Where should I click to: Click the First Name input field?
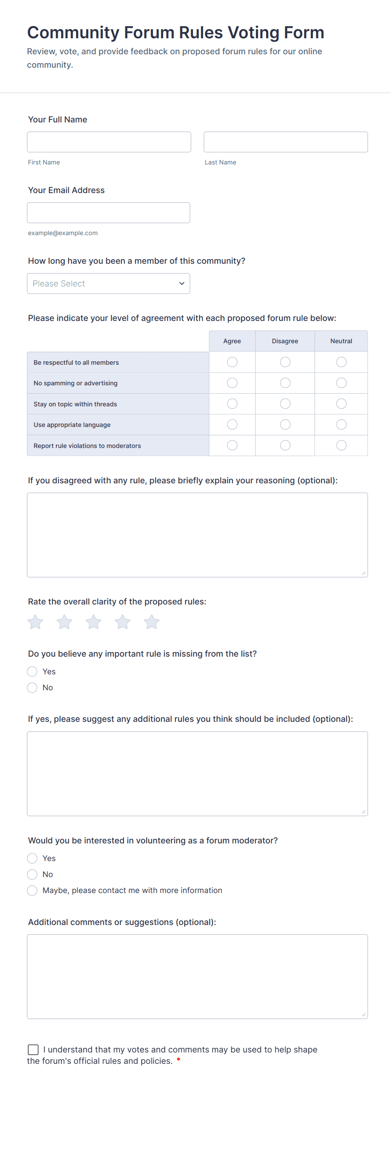(x=109, y=142)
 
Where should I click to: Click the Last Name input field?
(x=285, y=142)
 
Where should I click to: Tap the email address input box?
(x=108, y=212)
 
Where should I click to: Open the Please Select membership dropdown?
(x=108, y=284)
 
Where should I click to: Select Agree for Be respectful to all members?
(x=232, y=362)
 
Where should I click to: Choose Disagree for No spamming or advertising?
(x=285, y=383)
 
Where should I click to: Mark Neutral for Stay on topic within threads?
(x=341, y=404)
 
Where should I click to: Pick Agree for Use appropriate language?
(x=232, y=424)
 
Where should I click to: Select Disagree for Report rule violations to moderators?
(x=285, y=445)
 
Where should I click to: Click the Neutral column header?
(x=341, y=341)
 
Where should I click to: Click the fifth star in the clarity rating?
(x=152, y=622)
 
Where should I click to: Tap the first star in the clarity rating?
(x=35, y=622)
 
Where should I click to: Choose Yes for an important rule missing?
(x=32, y=671)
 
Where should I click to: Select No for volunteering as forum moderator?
(x=32, y=874)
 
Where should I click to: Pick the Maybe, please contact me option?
(x=32, y=890)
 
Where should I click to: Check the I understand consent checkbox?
(x=33, y=1050)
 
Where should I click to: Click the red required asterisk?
(x=179, y=1060)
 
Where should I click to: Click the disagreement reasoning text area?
(x=197, y=535)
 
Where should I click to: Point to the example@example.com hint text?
(x=63, y=233)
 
